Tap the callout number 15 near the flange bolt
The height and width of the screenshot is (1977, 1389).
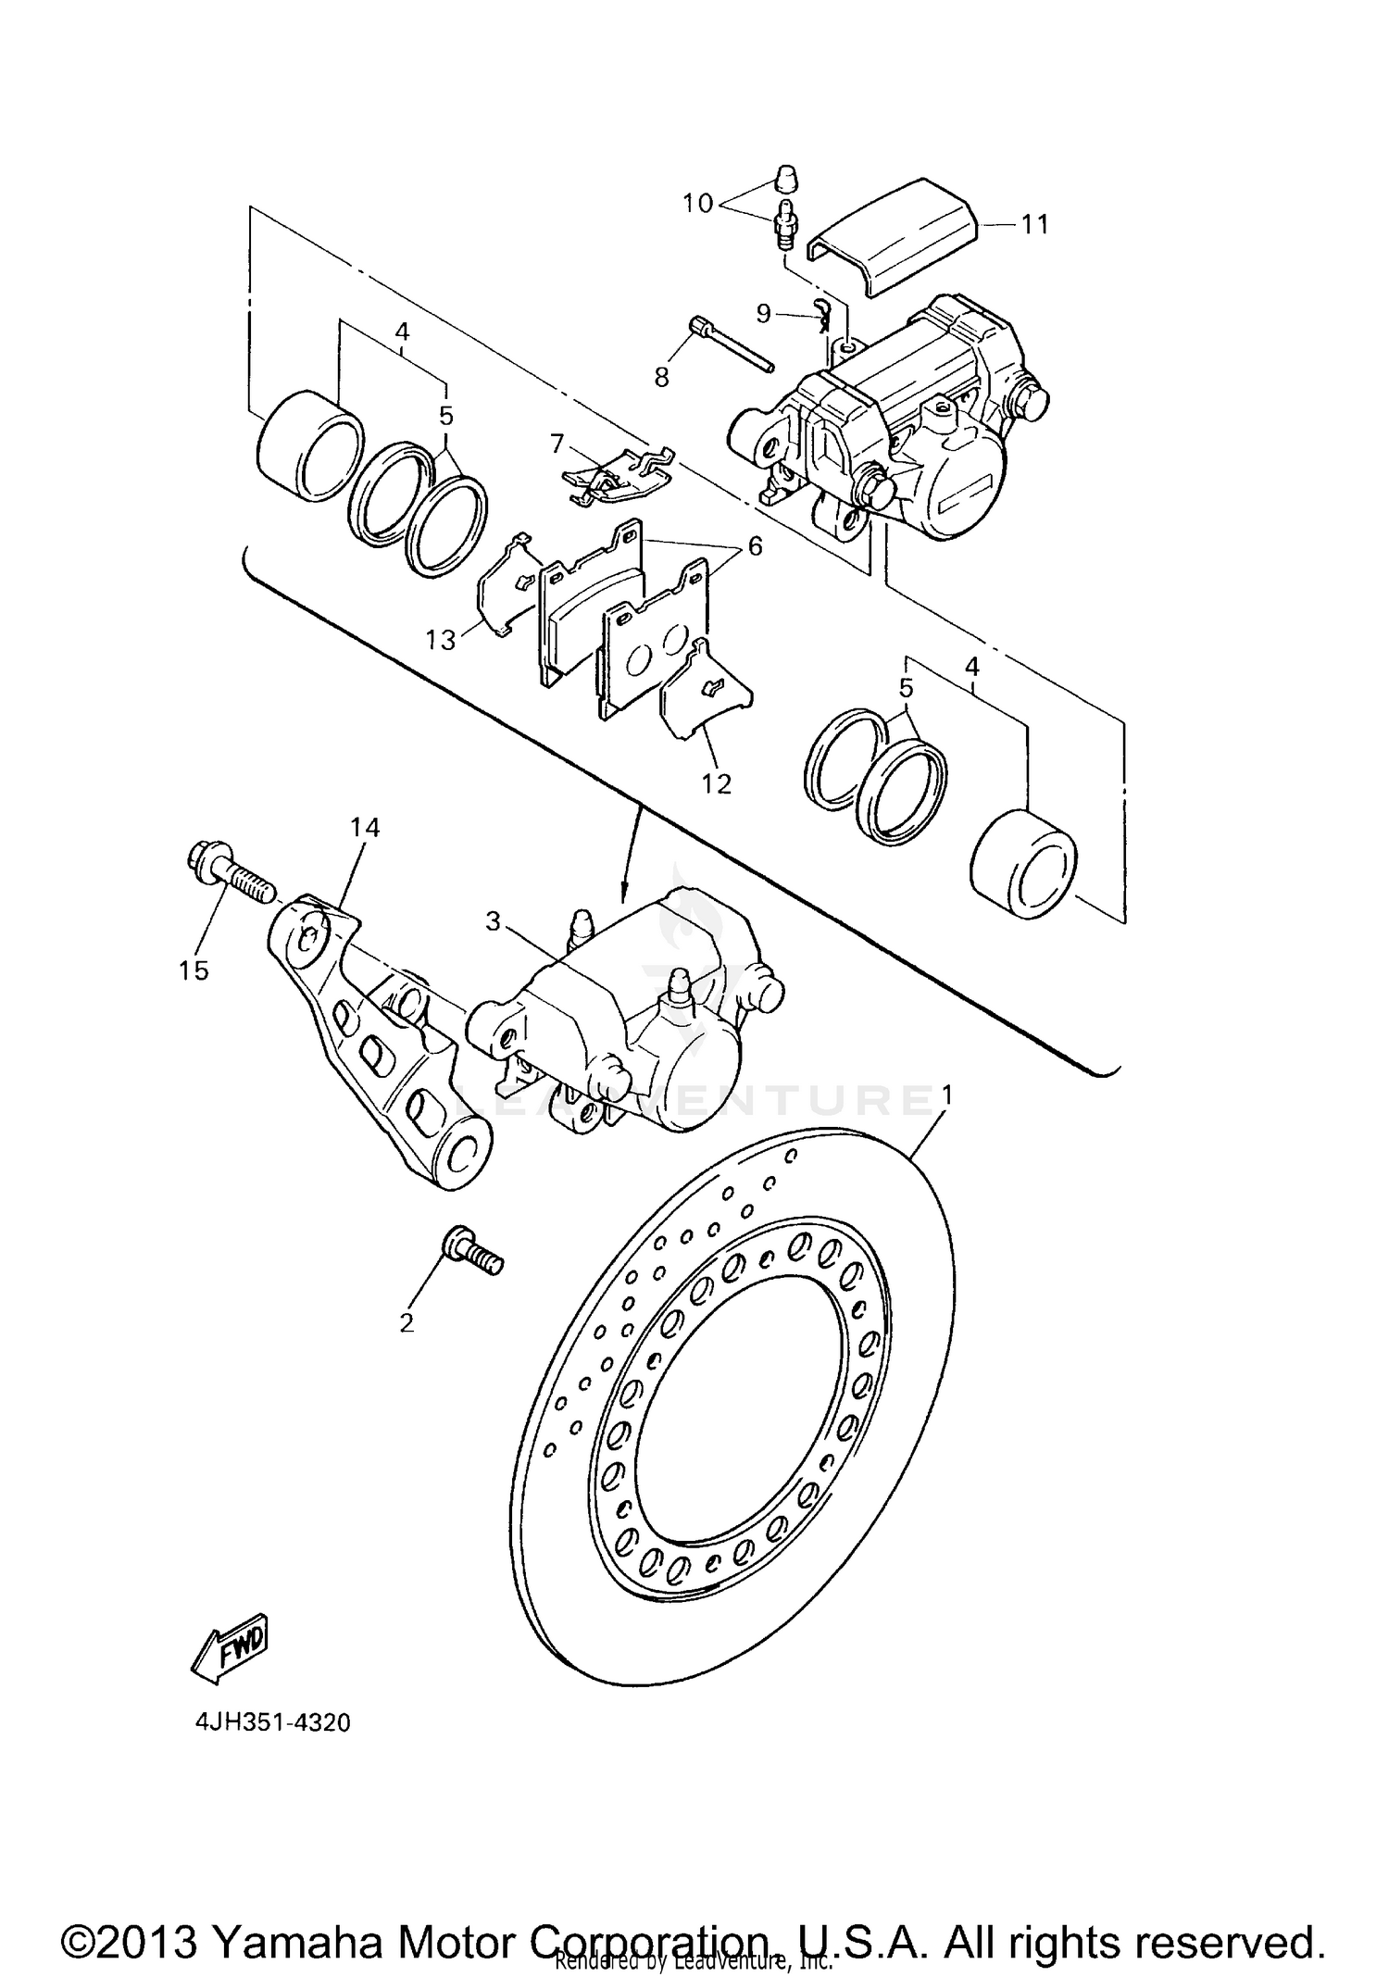pyautogui.click(x=194, y=970)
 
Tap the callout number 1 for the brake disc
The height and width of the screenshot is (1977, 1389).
pyautogui.click(x=946, y=1095)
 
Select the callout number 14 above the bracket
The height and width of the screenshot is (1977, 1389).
pyautogui.click(x=365, y=827)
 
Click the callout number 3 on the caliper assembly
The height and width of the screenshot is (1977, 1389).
pyautogui.click(x=493, y=921)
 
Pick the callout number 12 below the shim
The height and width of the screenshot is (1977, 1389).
pyautogui.click(x=716, y=784)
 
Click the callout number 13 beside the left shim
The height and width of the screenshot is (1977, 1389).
pyautogui.click(x=441, y=639)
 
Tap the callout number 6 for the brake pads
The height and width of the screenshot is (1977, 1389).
pyautogui.click(x=755, y=546)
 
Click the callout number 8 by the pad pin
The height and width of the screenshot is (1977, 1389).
pyautogui.click(x=661, y=377)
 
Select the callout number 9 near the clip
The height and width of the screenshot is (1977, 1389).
pyautogui.click(x=763, y=313)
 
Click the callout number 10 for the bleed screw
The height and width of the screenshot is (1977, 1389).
pyautogui.click(x=698, y=203)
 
